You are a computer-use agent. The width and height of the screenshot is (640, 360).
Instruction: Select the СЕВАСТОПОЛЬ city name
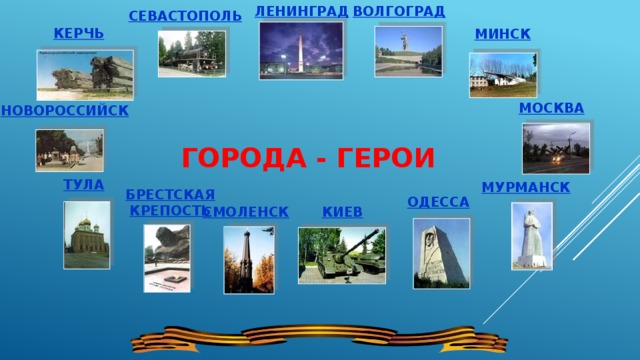tap(184, 16)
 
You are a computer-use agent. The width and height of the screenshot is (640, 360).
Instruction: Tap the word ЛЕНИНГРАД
tap(301, 11)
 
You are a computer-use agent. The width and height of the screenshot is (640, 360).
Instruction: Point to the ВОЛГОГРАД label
tap(399, 11)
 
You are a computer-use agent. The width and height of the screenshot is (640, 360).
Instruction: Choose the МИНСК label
tap(502, 34)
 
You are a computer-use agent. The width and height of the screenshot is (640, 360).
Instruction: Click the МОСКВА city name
tap(552, 108)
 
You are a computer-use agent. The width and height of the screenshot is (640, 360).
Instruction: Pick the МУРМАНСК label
tap(525, 187)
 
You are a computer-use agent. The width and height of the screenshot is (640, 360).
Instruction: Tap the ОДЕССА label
tap(438, 202)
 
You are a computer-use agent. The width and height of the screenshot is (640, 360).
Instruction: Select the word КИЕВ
tap(343, 212)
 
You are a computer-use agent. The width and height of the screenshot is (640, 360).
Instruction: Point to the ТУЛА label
tap(83, 185)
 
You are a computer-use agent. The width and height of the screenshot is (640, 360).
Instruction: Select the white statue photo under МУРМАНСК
tap(531, 236)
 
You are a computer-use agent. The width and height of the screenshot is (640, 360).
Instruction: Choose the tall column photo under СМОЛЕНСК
tap(248, 258)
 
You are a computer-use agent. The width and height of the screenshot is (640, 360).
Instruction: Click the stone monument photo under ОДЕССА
tap(440, 253)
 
